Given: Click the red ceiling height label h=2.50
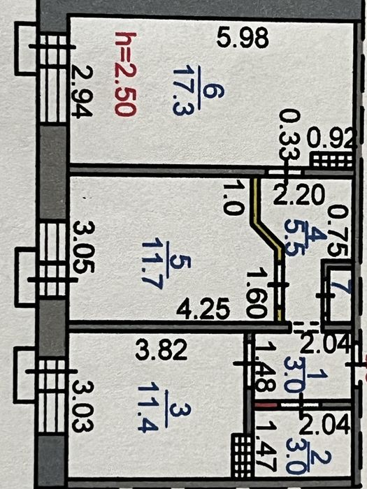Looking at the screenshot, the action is [x=125, y=74].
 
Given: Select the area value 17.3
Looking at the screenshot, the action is [x=182, y=90].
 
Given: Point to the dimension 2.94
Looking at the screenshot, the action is [x=82, y=92].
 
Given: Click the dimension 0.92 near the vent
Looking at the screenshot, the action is [x=331, y=138].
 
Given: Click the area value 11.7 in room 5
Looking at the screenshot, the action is [x=152, y=264].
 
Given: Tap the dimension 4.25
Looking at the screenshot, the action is [x=203, y=309].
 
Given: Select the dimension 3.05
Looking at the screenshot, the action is [x=84, y=247].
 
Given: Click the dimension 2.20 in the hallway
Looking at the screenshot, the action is [x=299, y=195].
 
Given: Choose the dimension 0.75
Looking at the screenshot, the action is [x=338, y=232].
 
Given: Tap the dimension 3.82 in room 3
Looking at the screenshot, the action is [x=161, y=350].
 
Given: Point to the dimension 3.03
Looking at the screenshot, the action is [x=82, y=407].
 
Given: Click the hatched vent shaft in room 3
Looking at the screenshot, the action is [x=241, y=455].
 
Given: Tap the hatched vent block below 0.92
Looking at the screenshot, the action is [x=331, y=160].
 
